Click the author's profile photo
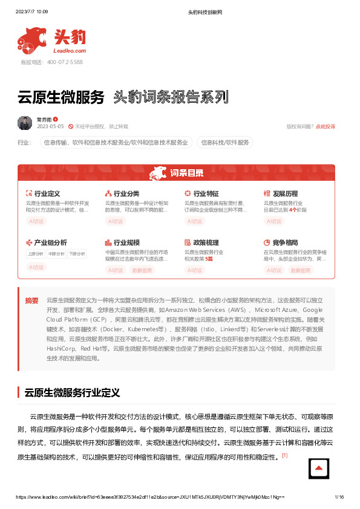[x=25, y=123]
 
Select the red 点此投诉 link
[x=326, y=126]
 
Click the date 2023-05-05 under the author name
[x=50, y=126]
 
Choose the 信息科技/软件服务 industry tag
[x=224, y=143]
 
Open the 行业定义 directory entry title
[x=47, y=193]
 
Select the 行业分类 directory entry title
[x=126, y=193]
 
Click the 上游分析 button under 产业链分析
[x=36, y=254]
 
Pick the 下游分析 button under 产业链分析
[x=77, y=254]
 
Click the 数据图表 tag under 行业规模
[x=142, y=270]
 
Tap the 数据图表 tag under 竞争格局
[x=301, y=270]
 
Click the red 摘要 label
[x=32, y=300]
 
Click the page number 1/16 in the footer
[x=339, y=496]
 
